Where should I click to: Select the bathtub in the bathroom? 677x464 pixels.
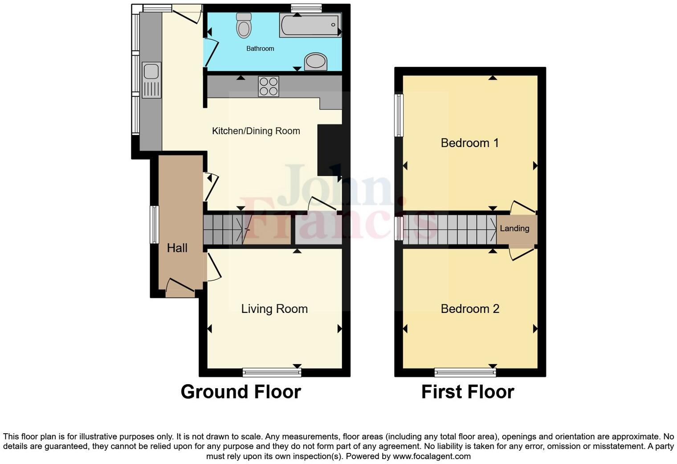click(310, 25)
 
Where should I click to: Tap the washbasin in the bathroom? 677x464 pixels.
click(316, 62)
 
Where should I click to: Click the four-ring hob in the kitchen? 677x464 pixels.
click(269, 86)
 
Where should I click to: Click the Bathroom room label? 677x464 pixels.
click(260, 49)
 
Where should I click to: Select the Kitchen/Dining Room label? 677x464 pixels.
click(256, 131)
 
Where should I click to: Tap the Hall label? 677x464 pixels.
click(177, 248)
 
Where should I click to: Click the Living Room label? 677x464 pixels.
click(274, 309)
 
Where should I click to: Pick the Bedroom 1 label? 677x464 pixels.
click(469, 143)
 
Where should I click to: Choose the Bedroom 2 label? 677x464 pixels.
click(470, 309)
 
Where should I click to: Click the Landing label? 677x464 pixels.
click(514, 229)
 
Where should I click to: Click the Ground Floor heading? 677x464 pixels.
click(241, 392)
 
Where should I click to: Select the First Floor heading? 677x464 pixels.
click(468, 392)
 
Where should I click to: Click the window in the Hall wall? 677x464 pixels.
click(154, 224)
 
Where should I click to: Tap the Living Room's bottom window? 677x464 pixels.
click(272, 372)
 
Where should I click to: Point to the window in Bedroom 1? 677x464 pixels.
click(400, 115)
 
